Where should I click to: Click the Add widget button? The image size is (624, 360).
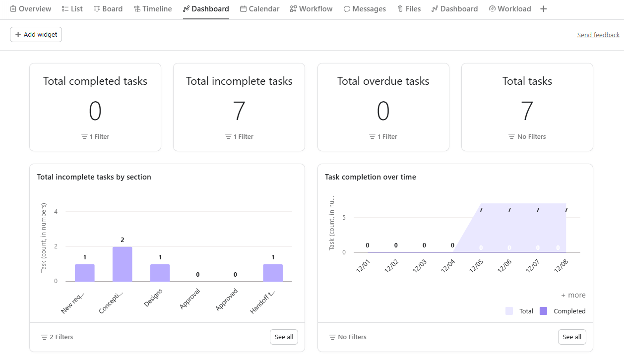[x=36, y=35]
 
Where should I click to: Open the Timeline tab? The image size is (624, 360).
[x=153, y=9]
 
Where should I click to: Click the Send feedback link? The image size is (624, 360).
[x=598, y=35]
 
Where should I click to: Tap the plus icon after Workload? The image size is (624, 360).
[x=544, y=9]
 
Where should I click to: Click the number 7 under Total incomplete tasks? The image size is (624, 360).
[x=239, y=111]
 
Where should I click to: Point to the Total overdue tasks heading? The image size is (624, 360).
[x=383, y=81]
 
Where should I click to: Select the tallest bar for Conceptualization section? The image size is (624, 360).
[x=122, y=264]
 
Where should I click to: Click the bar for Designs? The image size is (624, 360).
[x=160, y=273]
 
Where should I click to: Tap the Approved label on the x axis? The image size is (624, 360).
[x=227, y=300]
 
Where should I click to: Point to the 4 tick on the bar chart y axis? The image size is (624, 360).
[x=56, y=212]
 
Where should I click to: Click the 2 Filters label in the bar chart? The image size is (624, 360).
[x=57, y=337]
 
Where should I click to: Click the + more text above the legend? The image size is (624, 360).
[x=573, y=295]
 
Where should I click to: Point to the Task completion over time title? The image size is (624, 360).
[x=370, y=177]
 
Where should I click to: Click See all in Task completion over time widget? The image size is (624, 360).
[x=571, y=337]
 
